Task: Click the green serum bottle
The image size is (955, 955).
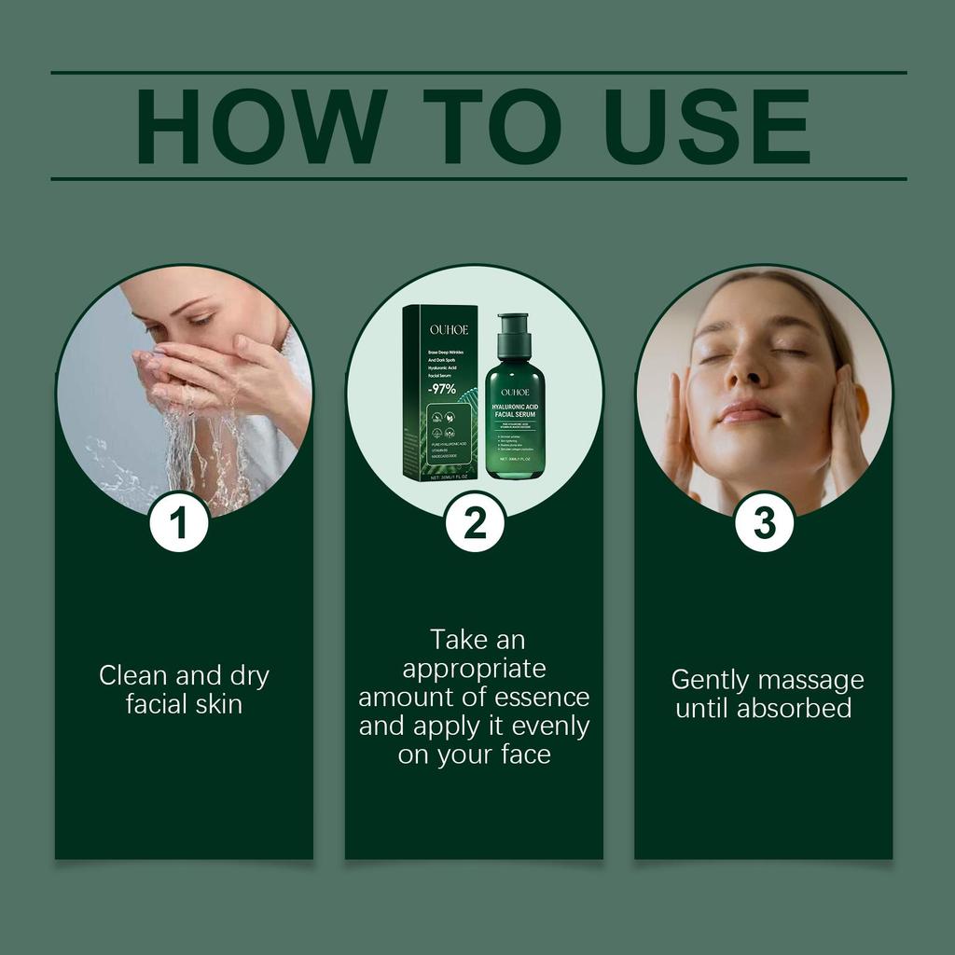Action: (x=514, y=410)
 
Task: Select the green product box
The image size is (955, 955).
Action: (x=440, y=392)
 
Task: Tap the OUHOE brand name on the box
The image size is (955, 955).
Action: (x=441, y=329)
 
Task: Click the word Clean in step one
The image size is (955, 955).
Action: (x=131, y=676)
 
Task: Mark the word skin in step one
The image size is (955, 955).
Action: (x=218, y=704)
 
